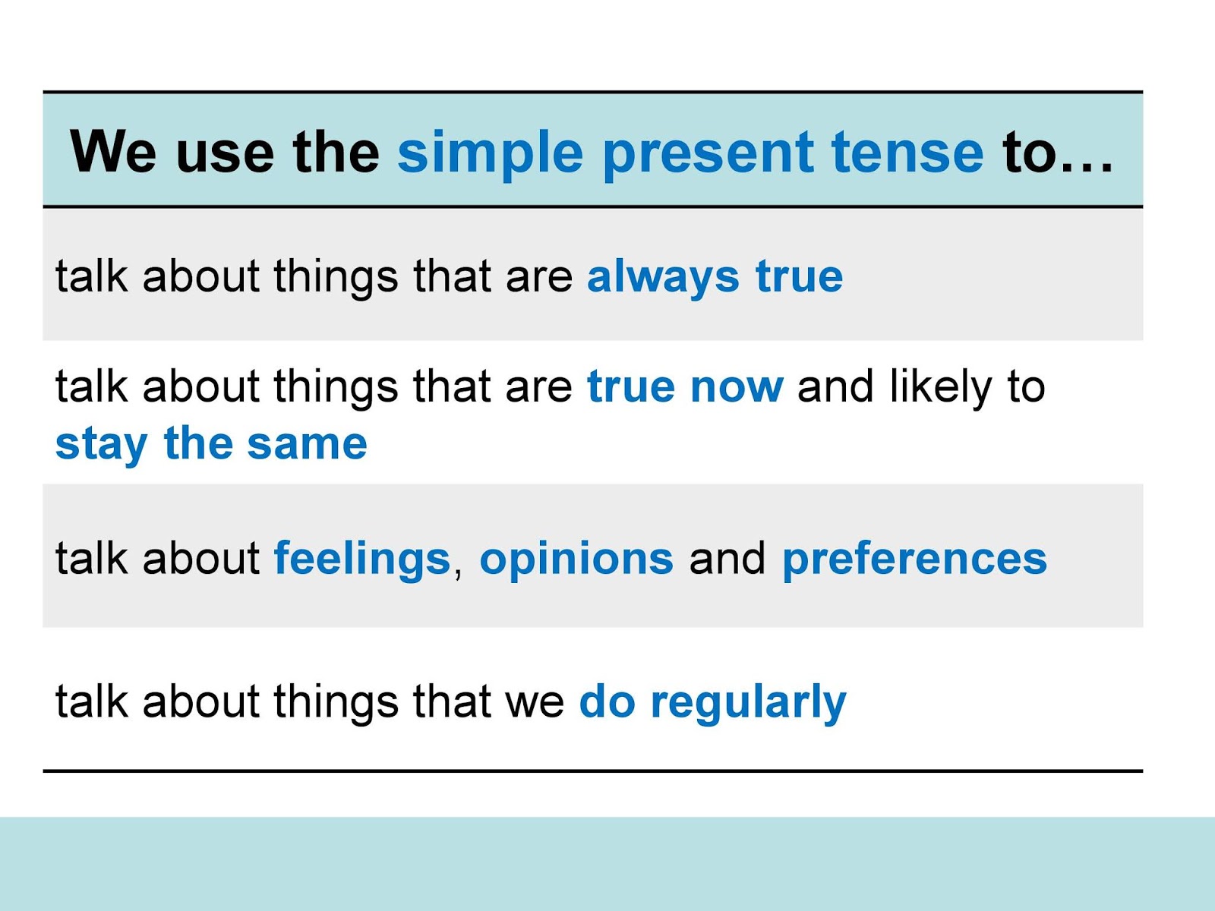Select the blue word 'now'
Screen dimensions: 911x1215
pyautogui.click(x=737, y=387)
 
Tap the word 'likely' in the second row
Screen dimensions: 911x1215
pyautogui.click(x=940, y=387)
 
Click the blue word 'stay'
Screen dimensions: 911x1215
pyautogui.click(x=101, y=445)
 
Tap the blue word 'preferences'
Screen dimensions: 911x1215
pyautogui.click(x=914, y=560)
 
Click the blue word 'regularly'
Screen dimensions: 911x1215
pyautogui.click(x=748, y=702)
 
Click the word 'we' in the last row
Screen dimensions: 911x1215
pyautogui.click(x=535, y=703)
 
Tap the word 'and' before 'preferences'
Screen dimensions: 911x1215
pyautogui.click(x=727, y=560)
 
